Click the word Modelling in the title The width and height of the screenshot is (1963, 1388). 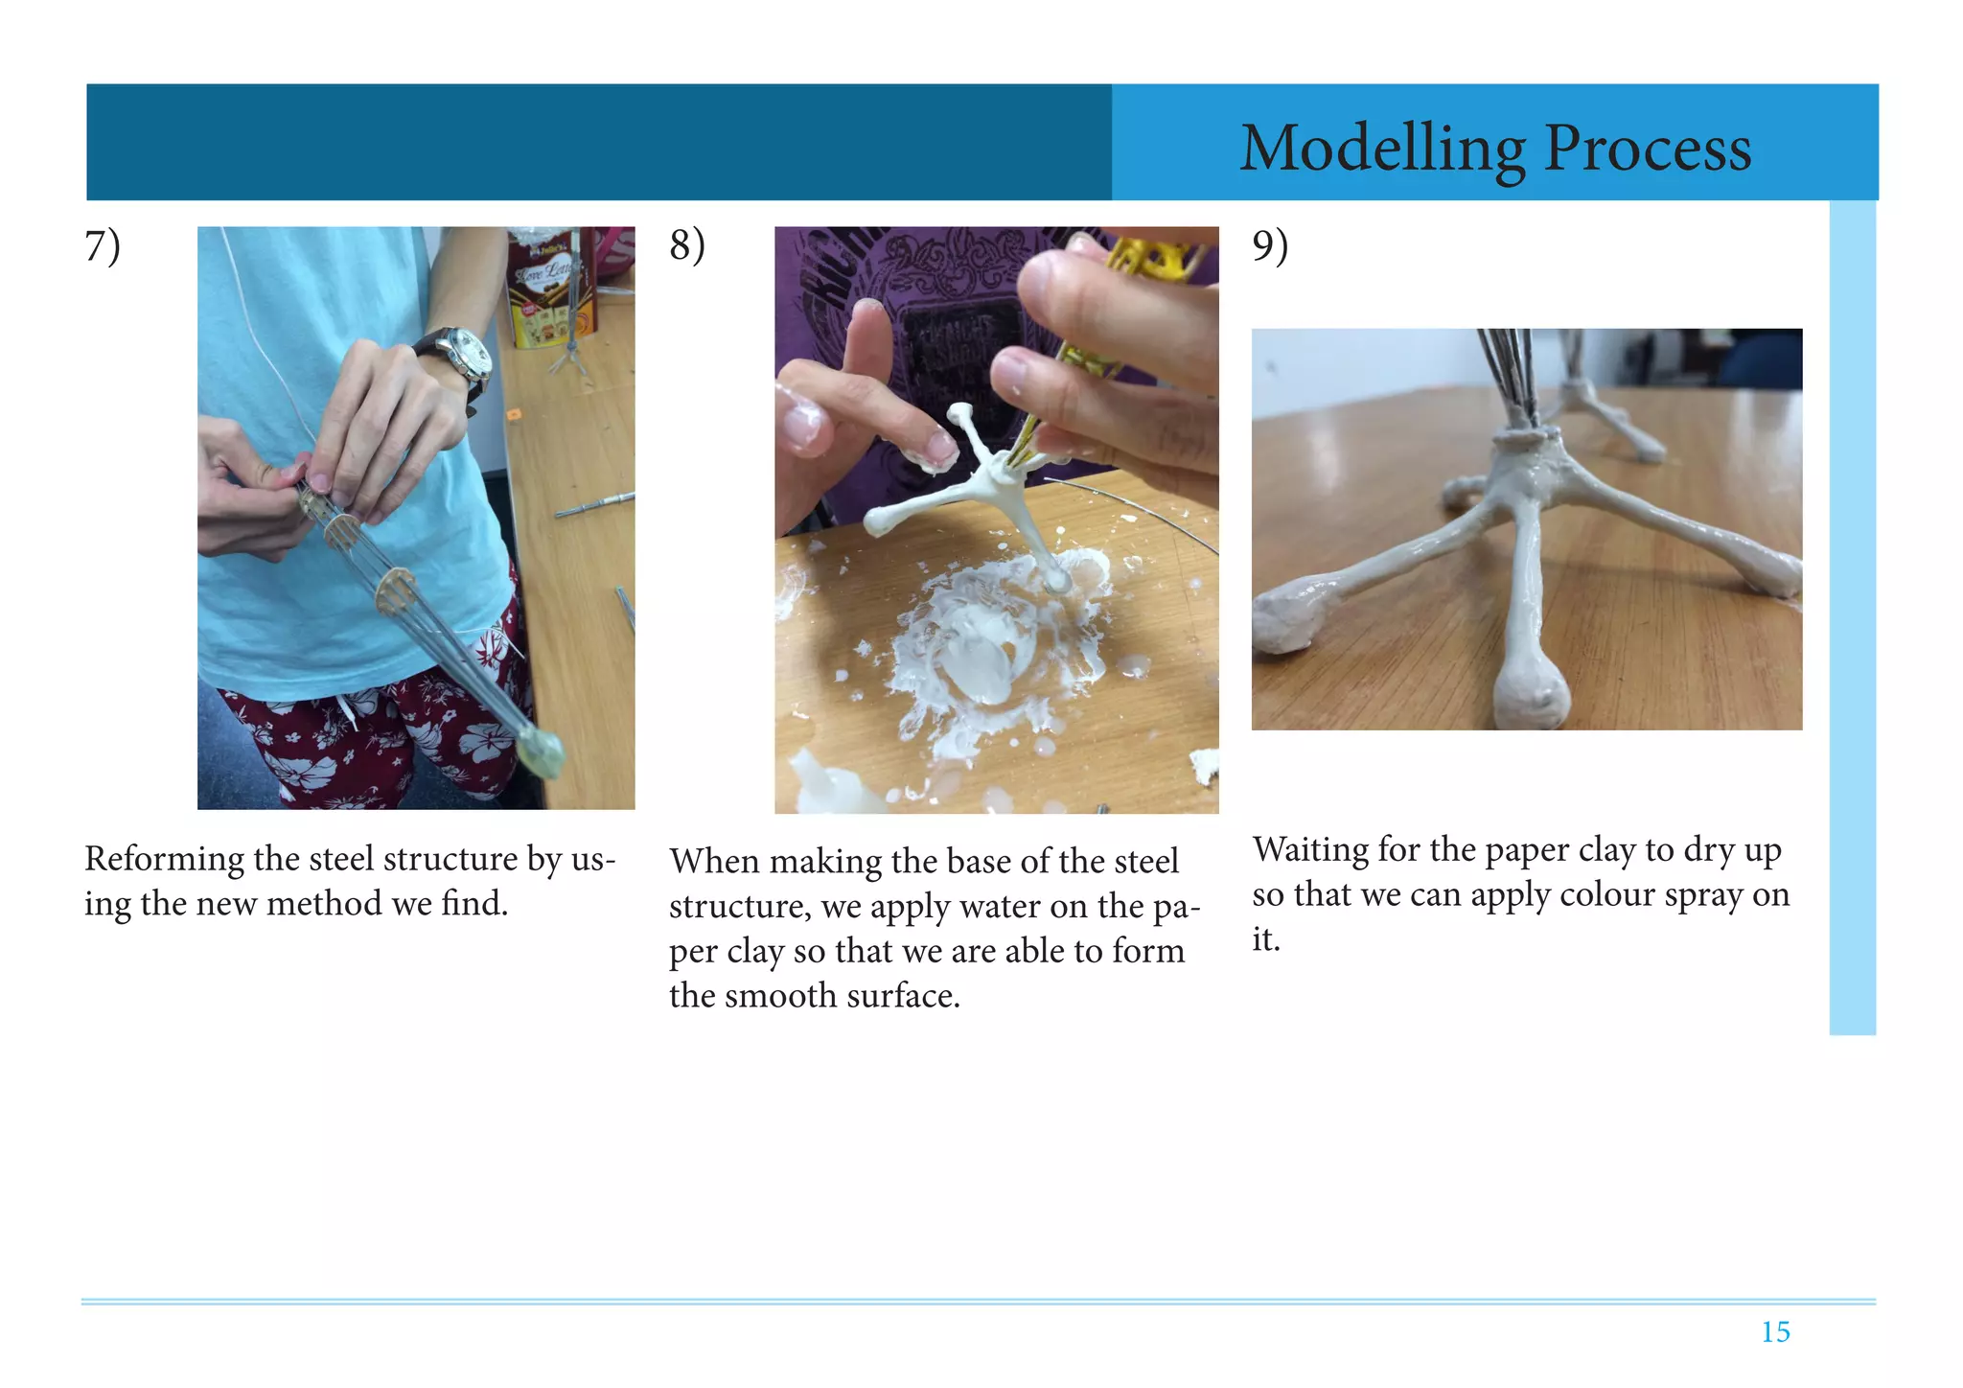(1382, 150)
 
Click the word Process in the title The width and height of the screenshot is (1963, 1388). (1649, 150)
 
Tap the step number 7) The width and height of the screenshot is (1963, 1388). (103, 246)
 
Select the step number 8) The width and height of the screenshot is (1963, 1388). (687, 246)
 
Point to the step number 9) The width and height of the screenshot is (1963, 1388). (1270, 246)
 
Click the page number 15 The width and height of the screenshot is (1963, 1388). (1775, 1331)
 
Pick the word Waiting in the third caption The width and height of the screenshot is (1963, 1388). (1310, 851)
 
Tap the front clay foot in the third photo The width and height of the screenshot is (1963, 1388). (1531, 695)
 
